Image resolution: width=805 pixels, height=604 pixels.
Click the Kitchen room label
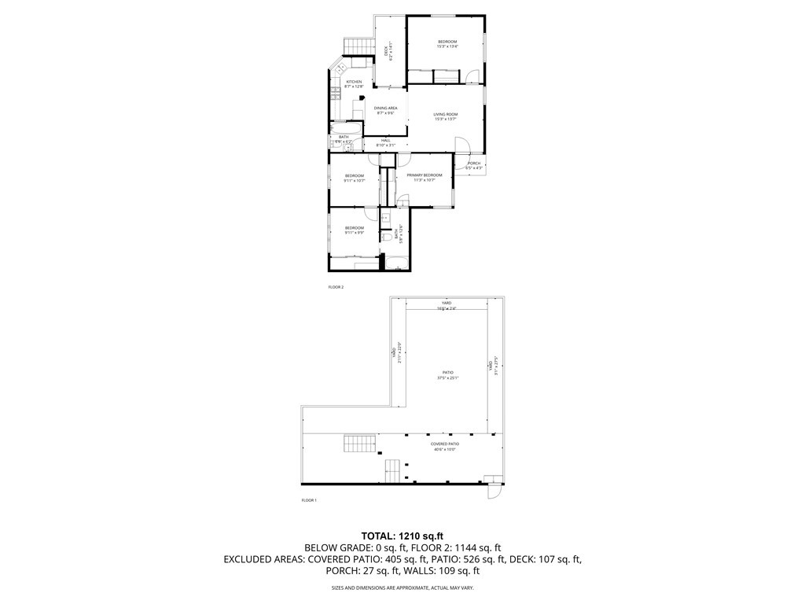(355, 82)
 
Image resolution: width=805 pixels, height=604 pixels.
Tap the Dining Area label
(385, 108)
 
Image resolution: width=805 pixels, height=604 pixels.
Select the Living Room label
(446, 115)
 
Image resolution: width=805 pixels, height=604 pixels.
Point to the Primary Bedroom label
(425, 175)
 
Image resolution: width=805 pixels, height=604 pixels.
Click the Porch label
(474, 163)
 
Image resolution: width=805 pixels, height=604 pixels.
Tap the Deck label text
(385, 52)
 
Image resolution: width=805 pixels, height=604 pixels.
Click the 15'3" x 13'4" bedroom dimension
(447, 46)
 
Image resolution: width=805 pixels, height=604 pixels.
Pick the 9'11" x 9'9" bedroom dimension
(355, 233)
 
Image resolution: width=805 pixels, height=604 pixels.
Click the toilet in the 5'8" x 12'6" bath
(388, 235)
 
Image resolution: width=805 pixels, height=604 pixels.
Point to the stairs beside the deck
(358, 46)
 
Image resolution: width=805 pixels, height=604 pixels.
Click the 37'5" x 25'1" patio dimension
(448, 378)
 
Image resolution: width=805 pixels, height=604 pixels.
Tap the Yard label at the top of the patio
(447, 303)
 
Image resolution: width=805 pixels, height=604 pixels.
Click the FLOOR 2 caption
(336, 288)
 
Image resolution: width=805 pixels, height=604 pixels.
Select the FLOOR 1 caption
(309, 500)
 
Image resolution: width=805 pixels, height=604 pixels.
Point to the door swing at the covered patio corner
(493, 492)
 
